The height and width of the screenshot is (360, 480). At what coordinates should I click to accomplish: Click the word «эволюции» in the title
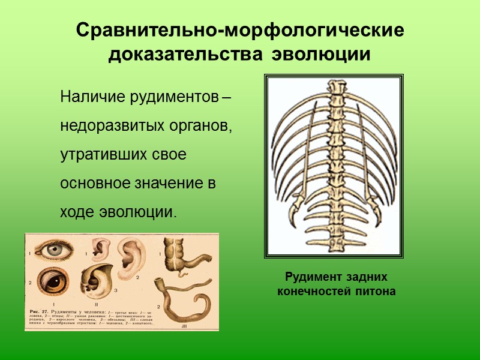[x=322, y=54]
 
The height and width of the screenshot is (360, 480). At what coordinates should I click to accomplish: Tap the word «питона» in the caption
[x=377, y=292]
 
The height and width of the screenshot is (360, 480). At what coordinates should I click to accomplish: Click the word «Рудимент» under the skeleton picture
[x=311, y=278]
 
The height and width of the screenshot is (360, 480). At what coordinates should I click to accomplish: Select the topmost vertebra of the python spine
[x=334, y=84]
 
